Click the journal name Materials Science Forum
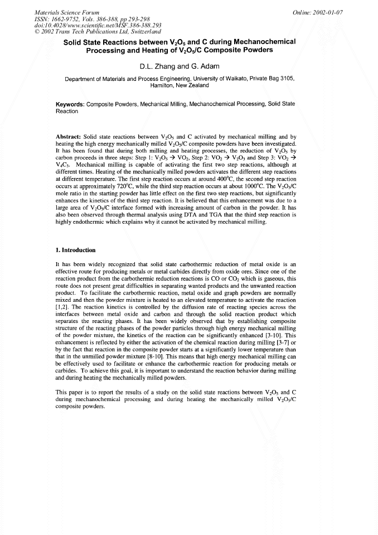point(60,12)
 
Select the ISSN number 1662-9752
point(64,18)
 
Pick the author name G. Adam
point(203,66)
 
